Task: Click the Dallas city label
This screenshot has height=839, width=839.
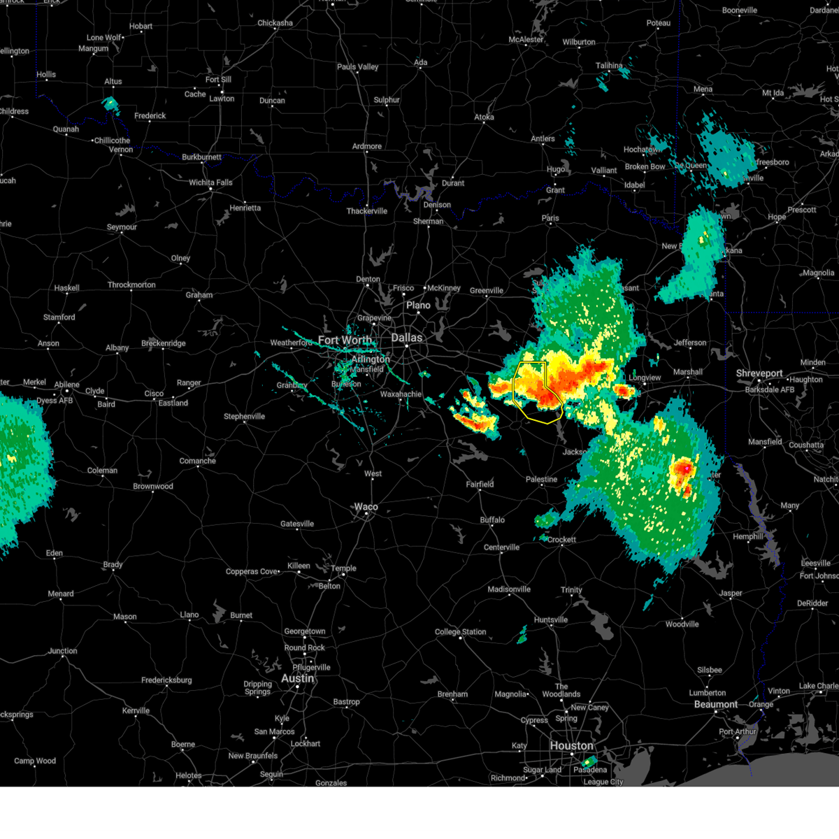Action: pyautogui.click(x=406, y=338)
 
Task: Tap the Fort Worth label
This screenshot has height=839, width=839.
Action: pyautogui.click(x=345, y=340)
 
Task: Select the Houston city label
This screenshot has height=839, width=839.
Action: pyautogui.click(x=571, y=746)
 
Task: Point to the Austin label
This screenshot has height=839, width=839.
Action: pyautogui.click(x=297, y=678)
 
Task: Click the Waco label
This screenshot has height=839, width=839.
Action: pyautogui.click(x=366, y=507)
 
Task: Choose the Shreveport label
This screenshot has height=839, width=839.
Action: pyautogui.click(x=759, y=373)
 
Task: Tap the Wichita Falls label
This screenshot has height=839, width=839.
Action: pyautogui.click(x=210, y=182)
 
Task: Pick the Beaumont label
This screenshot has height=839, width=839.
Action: pyautogui.click(x=716, y=704)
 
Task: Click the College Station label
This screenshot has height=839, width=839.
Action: pyautogui.click(x=460, y=632)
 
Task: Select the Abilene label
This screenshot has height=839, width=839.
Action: pyautogui.click(x=67, y=385)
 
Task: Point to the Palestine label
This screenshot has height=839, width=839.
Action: pyautogui.click(x=541, y=480)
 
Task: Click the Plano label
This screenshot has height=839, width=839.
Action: pyautogui.click(x=418, y=306)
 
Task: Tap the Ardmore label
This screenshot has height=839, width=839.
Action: pyautogui.click(x=367, y=147)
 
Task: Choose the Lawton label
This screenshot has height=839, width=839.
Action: pyautogui.click(x=222, y=99)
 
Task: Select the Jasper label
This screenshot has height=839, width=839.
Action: pyautogui.click(x=731, y=593)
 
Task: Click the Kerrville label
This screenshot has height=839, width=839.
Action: pyautogui.click(x=136, y=710)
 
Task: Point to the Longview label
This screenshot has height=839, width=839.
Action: pyautogui.click(x=645, y=378)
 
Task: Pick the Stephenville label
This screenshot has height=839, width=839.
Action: pyautogui.click(x=244, y=417)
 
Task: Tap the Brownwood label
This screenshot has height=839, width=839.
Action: pyautogui.click(x=152, y=487)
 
